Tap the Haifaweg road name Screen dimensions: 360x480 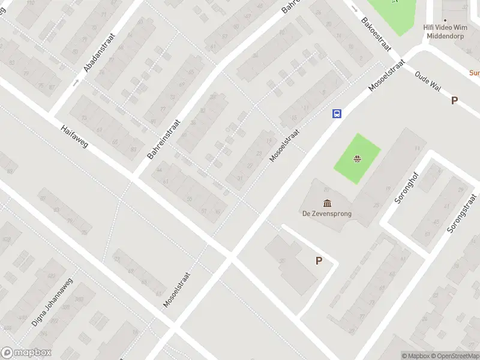74,137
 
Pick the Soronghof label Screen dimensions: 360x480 406,187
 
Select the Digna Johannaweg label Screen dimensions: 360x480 52,302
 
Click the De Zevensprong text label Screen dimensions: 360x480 327,213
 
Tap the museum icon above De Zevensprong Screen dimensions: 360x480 327,202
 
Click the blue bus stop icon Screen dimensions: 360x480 337,113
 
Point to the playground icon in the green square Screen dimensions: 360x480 357,159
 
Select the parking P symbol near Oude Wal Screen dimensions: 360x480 454,101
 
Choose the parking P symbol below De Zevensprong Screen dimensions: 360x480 319,260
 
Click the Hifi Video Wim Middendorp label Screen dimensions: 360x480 445,31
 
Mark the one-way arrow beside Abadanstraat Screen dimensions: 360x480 76,82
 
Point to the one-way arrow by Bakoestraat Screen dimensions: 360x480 355,8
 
